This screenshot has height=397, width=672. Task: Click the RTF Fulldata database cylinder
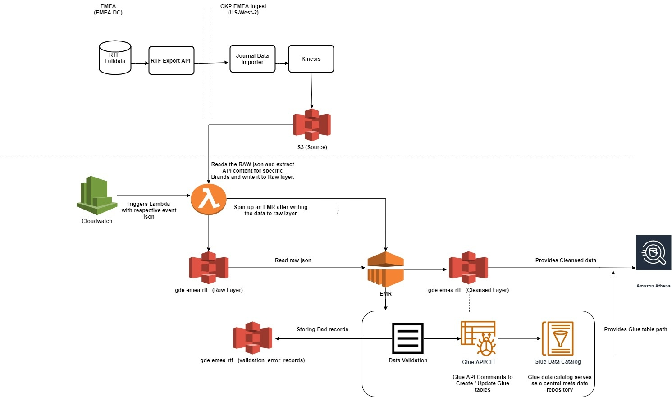[115, 58]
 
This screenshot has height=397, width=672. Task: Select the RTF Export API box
[171, 60]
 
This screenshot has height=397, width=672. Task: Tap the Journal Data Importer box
[252, 59]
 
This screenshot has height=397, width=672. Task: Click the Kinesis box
[311, 59]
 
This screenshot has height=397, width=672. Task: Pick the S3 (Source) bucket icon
[312, 125]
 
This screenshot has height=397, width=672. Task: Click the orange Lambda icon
[209, 199]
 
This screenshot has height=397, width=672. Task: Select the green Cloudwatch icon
[96, 196]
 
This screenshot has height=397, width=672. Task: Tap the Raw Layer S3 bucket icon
[209, 268]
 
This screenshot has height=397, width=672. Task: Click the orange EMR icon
[385, 269]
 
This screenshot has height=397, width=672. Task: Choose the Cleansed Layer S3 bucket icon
[469, 268]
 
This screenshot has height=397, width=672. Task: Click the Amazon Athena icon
[654, 252]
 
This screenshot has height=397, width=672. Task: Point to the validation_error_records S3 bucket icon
[252, 338]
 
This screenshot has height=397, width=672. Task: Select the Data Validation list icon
[408, 338]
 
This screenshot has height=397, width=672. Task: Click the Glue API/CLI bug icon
[478, 338]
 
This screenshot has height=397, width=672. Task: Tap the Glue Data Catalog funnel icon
[558, 338]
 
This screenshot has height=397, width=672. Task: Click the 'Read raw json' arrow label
[293, 260]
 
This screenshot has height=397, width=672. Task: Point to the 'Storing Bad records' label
[323, 329]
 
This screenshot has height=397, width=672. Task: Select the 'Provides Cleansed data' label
[566, 260]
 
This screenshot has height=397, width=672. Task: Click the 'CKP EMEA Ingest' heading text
[243, 6]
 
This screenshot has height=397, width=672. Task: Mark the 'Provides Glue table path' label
[635, 329]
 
